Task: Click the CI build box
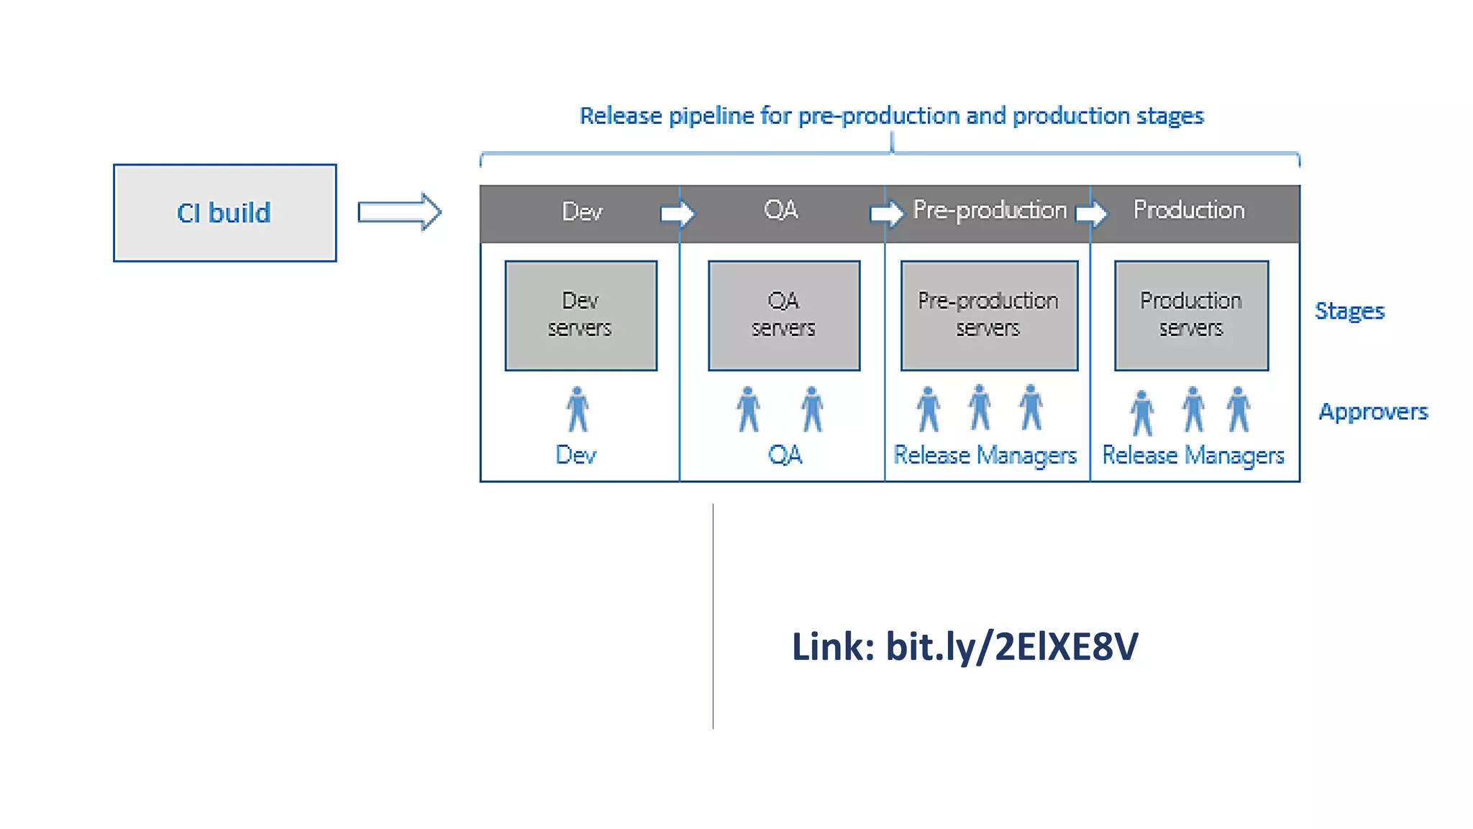[x=224, y=213]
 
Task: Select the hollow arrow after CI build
[x=400, y=212]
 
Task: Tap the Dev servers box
[x=580, y=315]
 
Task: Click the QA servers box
[x=783, y=315]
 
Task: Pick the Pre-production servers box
[x=989, y=315]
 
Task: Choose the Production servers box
[x=1191, y=315]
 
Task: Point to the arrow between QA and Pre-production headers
[x=886, y=214]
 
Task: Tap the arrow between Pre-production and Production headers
[x=1092, y=214]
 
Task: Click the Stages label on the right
[x=1349, y=311]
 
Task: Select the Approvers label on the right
[x=1372, y=412]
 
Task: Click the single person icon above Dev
[x=577, y=409]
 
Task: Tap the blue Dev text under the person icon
[x=576, y=455]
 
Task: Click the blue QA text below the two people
[x=785, y=455]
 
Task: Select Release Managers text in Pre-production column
[x=985, y=455]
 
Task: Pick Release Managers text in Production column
[x=1192, y=455]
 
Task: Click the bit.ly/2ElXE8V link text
[x=1012, y=646]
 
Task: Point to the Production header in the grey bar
[x=1189, y=210]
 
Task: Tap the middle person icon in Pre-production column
[x=980, y=407]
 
